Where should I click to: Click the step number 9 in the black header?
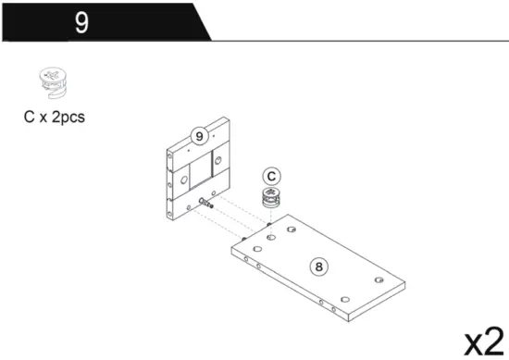(81, 21)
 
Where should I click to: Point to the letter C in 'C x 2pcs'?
(30, 118)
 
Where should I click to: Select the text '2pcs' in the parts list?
(70, 118)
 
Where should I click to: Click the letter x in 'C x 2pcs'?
(44, 118)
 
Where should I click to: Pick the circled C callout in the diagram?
(271, 175)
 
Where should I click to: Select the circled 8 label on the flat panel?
(319, 267)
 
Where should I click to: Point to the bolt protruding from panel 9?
(205, 203)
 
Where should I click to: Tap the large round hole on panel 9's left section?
(183, 179)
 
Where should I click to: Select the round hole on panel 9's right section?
(218, 164)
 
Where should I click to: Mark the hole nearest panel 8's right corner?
(378, 279)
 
